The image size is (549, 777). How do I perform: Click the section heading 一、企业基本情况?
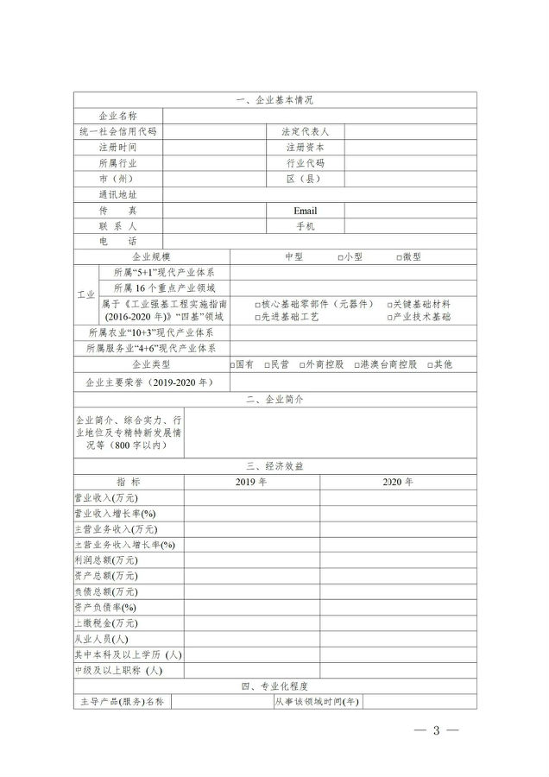coord(274,100)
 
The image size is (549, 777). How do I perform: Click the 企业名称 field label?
coord(117,116)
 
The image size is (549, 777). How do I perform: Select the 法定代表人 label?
coord(306,132)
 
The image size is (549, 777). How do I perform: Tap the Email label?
coord(306,211)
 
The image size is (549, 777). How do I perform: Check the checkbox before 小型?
coord(342,258)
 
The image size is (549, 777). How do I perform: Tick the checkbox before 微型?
coord(400,258)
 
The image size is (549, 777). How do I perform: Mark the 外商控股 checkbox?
coord(302,365)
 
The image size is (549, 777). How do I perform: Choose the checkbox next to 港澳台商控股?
coord(357,365)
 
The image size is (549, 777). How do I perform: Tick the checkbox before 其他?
coord(430,365)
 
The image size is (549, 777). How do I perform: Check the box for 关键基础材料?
coord(388,305)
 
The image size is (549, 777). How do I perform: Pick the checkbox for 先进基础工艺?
coord(258,318)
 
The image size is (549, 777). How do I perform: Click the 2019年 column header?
coord(251,481)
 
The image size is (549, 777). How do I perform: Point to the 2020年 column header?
coord(398,481)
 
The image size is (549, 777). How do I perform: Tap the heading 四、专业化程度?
coord(274,686)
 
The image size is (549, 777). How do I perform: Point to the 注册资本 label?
coord(306,148)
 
